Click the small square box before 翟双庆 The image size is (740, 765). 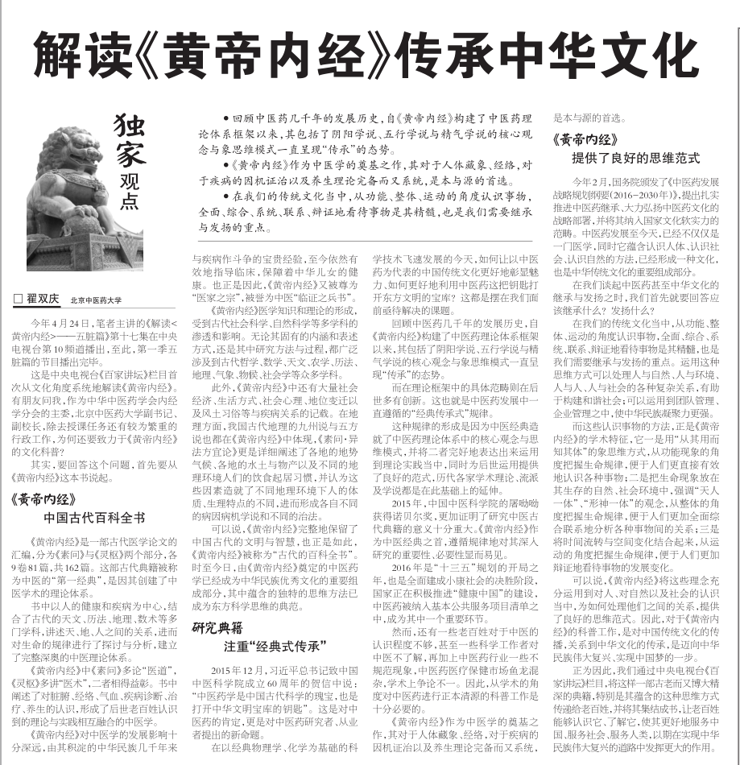click(17, 298)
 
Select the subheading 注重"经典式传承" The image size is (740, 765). click(274, 646)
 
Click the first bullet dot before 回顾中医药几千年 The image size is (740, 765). click(227, 118)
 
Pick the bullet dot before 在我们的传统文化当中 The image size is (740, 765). click(227, 196)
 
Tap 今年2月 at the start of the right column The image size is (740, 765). click(587, 180)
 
